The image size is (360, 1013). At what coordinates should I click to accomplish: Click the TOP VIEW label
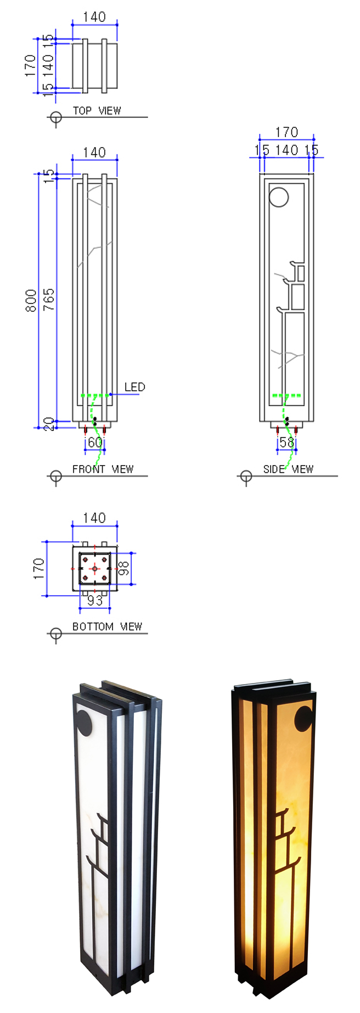pyautogui.click(x=97, y=111)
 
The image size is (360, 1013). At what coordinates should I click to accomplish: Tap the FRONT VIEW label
pyautogui.click(x=103, y=469)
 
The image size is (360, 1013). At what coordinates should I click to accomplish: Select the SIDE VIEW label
pyautogui.click(x=288, y=469)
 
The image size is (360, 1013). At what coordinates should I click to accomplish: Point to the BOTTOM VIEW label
pyautogui.click(x=107, y=626)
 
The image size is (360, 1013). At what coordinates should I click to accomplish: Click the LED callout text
pyautogui.click(x=134, y=388)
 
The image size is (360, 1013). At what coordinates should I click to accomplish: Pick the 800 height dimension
pyautogui.click(x=31, y=301)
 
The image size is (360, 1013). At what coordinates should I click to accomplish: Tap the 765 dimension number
pyautogui.click(x=49, y=300)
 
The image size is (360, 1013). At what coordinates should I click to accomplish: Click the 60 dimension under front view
pyautogui.click(x=95, y=443)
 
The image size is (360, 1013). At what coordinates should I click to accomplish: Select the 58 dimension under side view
pyautogui.click(x=286, y=443)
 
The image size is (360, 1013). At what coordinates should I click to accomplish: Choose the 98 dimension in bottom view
pyautogui.click(x=125, y=568)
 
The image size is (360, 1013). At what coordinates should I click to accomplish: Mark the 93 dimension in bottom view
pyautogui.click(x=95, y=601)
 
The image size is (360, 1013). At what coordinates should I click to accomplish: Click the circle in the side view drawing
pyautogui.click(x=279, y=197)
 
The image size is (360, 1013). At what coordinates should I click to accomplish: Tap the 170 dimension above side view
pyautogui.click(x=286, y=132)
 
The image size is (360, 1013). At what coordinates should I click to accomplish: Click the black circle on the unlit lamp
pyautogui.click(x=85, y=722)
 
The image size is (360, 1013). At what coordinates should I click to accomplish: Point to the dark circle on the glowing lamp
pyautogui.click(x=303, y=718)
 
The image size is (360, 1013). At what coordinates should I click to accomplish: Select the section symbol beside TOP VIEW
pyautogui.click(x=55, y=117)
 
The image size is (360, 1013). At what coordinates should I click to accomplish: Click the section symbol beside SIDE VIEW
pyautogui.click(x=246, y=477)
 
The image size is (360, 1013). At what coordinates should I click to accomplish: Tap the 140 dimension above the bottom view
pyautogui.click(x=94, y=518)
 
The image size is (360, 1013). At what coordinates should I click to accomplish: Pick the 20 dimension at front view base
pyautogui.click(x=49, y=424)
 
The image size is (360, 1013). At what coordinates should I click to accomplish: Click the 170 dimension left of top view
pyautogui.click(x=30, y=66)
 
